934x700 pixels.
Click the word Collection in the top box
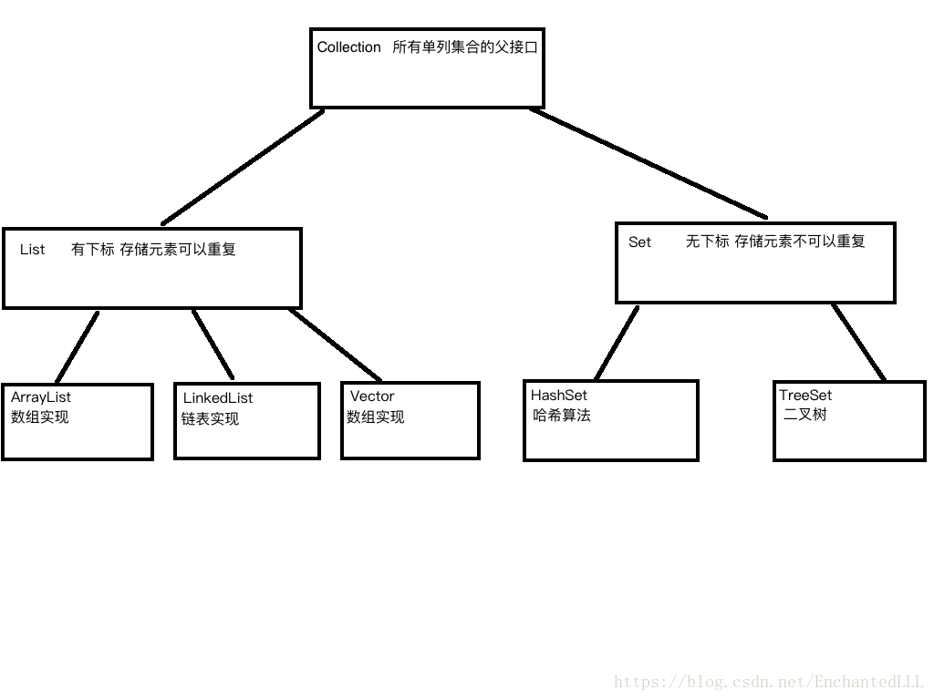(348, 47)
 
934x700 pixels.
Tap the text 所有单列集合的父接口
(465, 47)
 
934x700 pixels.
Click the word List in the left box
(32, 250)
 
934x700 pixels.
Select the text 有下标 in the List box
(92, 250)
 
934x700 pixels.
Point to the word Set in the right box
(640, 242)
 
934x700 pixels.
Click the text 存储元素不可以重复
(800, 242)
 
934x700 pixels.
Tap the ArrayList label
(41, 397)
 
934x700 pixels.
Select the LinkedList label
(218, 398)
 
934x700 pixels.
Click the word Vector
(372, 396)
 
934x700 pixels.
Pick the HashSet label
(559, 396)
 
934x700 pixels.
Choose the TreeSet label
(805, 396)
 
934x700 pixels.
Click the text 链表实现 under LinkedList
(210, 419)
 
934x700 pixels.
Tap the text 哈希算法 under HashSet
(562, 416)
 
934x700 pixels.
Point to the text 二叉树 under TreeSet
(805, 416)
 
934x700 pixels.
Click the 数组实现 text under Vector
(375, 417)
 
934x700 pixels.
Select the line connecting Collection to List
(243, 167)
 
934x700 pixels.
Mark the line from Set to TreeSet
(858, 342)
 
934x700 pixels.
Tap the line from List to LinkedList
(213, 345)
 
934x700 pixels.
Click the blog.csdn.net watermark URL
(769, 682)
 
